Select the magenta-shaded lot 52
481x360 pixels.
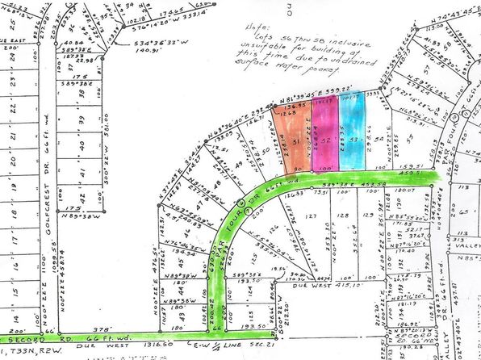tap(324, 137)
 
